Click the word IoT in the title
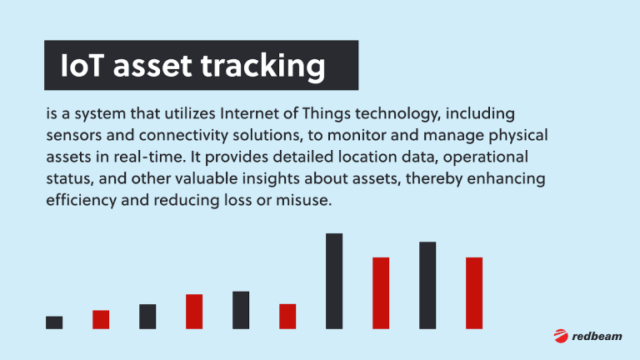tap(81, 65)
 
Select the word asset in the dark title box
tap(152, 67)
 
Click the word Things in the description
tap(326, 114)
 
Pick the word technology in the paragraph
tap(397, 114)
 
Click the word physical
tap(518, 136)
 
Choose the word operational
tap(485, 157)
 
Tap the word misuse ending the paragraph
tap(303, 200)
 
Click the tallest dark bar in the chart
tap(334, 281)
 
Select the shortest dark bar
tap(54, 322)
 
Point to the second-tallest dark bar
tap(427, 285)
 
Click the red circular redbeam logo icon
tap(561, 336)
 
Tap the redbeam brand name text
tap(597, 337)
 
